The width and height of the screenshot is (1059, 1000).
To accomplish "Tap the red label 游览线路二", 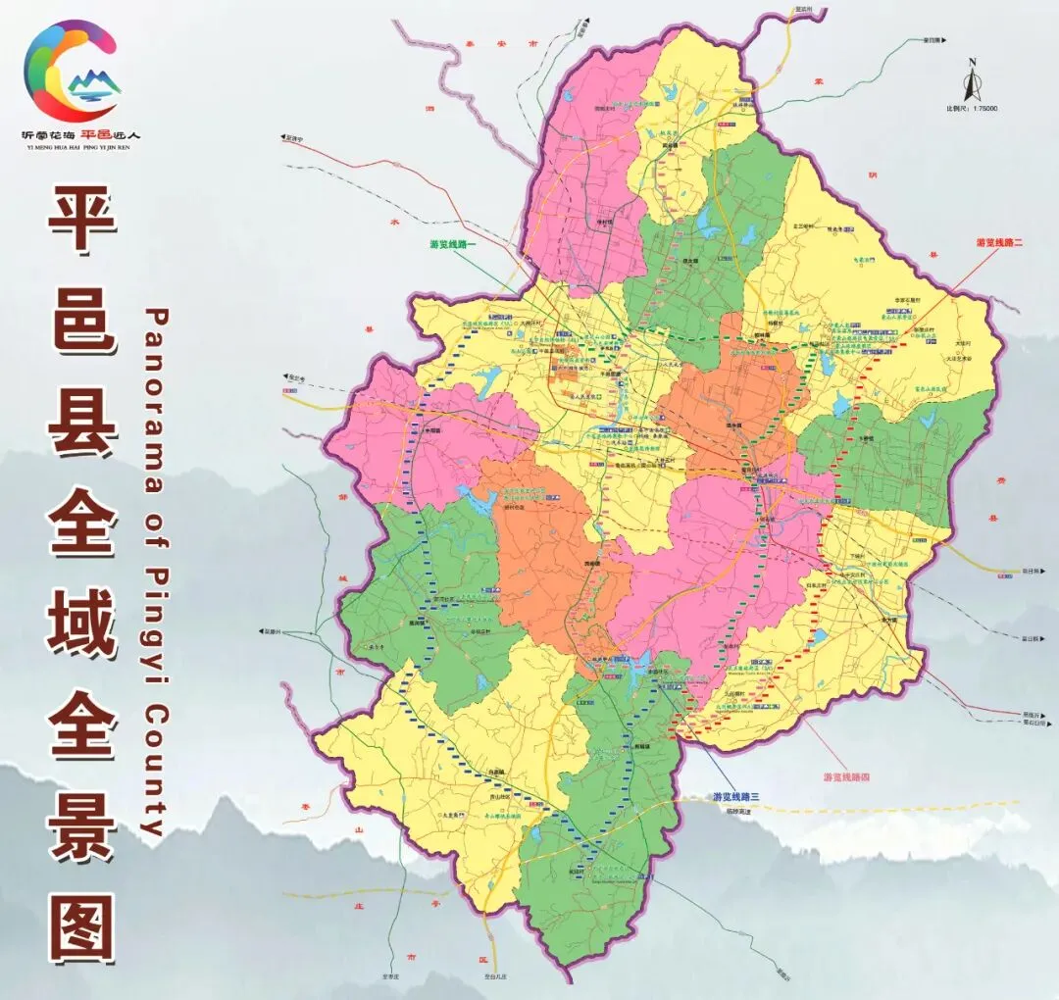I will coord(999,241).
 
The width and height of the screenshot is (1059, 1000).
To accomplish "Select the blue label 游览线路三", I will coord(738,796).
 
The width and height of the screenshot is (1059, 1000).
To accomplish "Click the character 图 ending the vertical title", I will coord(83,927).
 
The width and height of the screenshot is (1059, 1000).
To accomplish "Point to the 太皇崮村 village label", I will coord(452,814).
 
